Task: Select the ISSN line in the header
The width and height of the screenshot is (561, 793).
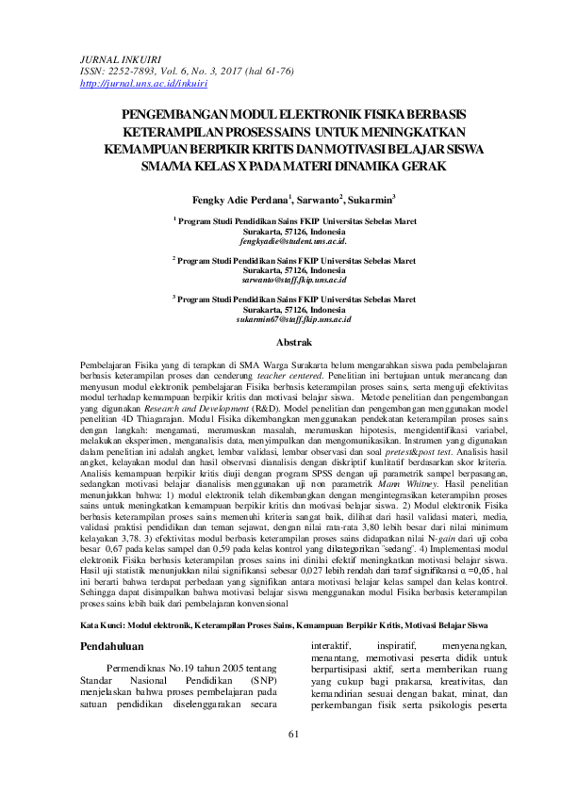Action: click(174, 70)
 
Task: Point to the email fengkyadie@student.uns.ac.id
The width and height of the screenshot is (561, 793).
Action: click(280, 241)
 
